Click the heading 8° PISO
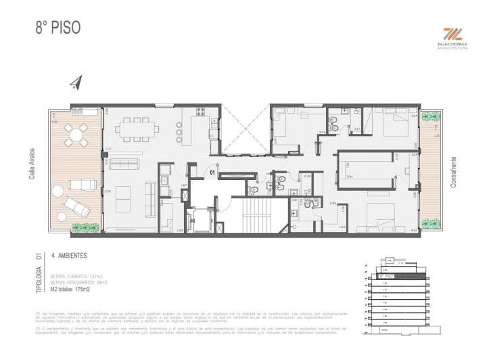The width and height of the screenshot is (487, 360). click(58, 28)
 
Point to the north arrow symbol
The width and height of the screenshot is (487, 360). click(75, 83)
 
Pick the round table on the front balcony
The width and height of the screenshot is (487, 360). click(75, 133)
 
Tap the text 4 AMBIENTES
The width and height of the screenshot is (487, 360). click(72, 256)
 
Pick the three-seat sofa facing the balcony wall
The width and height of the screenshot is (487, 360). click(124, 163)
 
